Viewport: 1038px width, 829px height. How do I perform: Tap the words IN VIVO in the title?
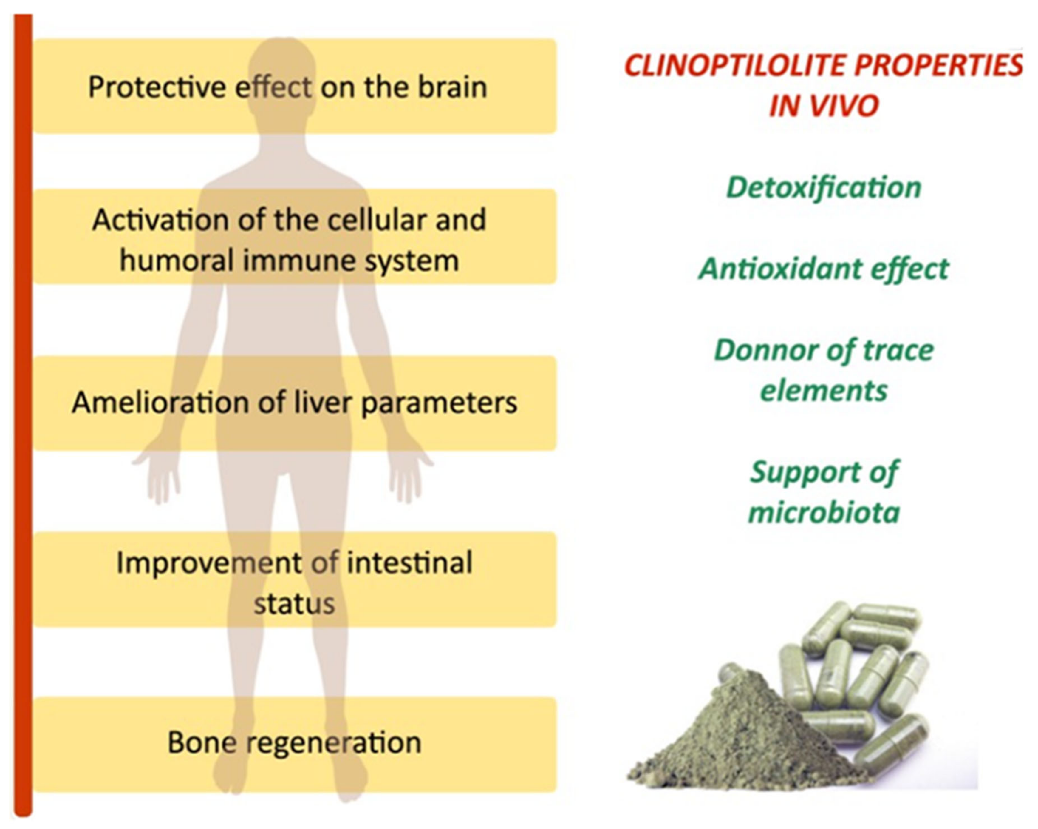pyautogui.click(x=824, y=106)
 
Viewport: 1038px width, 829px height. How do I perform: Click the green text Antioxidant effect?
pyautogui.click(x=824, y=269)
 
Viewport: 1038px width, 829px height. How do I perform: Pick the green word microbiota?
pyautogui.click(x=824, y=512)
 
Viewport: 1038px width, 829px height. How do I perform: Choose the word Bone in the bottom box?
pyautogui.click(x=202, y=742)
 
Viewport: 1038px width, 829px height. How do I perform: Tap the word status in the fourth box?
pyautogui.click(x=294, y=603)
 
